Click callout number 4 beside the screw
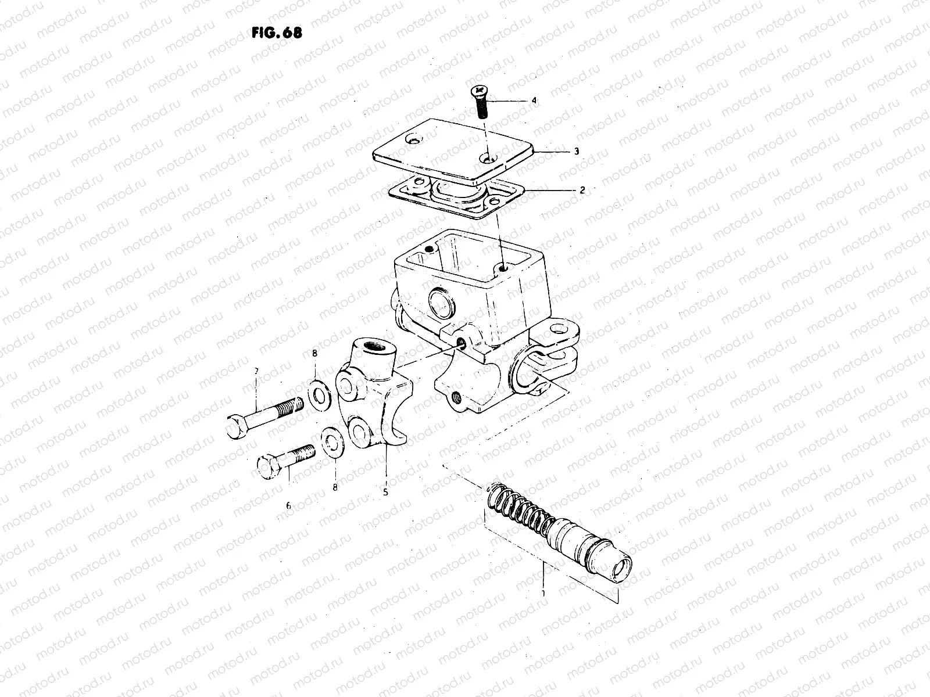[534, 100]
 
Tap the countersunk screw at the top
[481, 101]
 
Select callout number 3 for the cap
[575, 151]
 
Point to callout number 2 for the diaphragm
[582, 190]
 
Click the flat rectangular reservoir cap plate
[453, 148]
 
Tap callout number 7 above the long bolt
[255, 371]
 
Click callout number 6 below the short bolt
[288, 505]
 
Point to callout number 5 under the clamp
[385, 492]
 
